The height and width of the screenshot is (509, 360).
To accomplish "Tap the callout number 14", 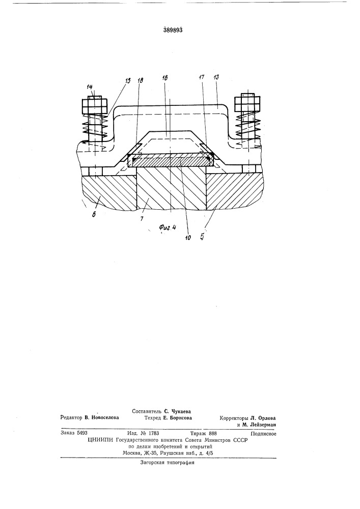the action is (x=90, y=87).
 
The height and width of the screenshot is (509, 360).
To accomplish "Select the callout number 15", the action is (x=128, y=80).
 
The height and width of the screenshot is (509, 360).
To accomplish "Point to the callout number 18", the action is (x=140, y=80).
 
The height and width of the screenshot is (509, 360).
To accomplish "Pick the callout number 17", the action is (x=201, y=77).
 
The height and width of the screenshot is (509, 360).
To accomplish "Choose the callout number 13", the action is (x=216, y=77).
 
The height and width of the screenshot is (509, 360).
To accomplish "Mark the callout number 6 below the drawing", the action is (x=94, y=215).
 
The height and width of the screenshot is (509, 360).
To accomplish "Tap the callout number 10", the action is (x=188, y=238).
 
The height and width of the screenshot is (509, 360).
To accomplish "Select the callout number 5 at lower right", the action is (x=202, y=237).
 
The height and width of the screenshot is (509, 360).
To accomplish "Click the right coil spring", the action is (x=248, y=125).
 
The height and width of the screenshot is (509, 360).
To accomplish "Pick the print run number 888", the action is (x=212, y=433).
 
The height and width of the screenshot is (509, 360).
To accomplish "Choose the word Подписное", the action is (x=264, y=434).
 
